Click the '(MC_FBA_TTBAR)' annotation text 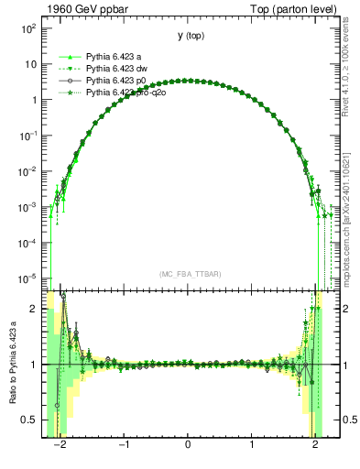pos(188,274)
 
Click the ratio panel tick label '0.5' pos(30,420)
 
